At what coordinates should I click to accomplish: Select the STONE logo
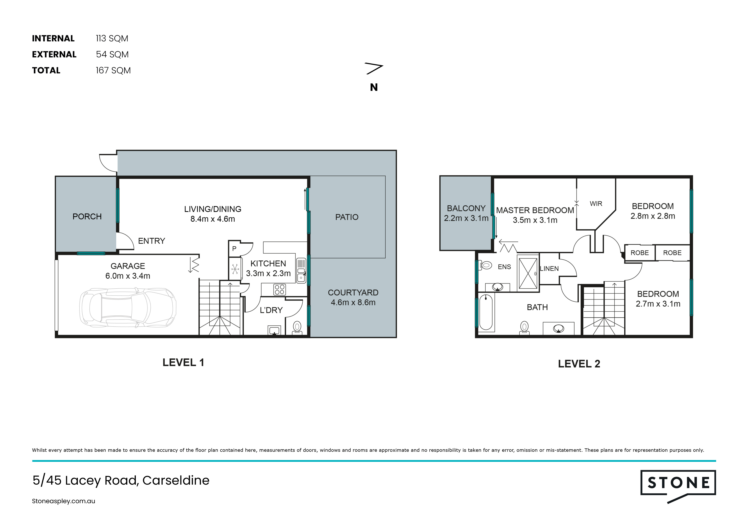pyautogui.click(x=678, y=487)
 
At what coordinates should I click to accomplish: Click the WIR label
pyautogui.click(x=596, y=204)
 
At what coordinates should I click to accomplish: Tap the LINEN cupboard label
pyautogui.click(x=549, y=269)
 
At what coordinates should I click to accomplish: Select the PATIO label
pyautogui.click(x=347, y=217)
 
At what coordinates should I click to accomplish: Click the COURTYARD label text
pyautogui.click(x=353, y=293)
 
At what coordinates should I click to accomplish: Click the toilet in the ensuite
pyautogui.click(x=486, y=265)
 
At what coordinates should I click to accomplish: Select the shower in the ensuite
pyautogui.click(x=528, y=273)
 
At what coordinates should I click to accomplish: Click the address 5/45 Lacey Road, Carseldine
pyautogui.click(x=121, y=480)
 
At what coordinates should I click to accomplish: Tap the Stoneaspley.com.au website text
pyautogui.click(x=64, y=501)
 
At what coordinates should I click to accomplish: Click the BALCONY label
pyautogui.click(x=466, y=208)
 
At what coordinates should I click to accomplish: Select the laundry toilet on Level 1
pyautogui.click(x=297, y=328)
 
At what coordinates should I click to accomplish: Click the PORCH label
pyautogui.click(x=87, y=217)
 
